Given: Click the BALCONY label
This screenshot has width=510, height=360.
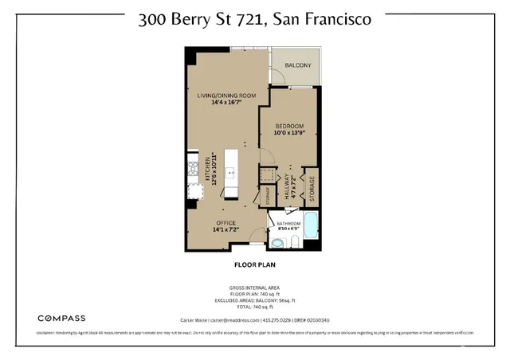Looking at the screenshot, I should (x=295, y=65).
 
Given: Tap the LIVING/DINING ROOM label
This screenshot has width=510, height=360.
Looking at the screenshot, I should (x=226, y=96).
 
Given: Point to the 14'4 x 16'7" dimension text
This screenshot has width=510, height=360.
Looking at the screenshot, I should (x=226, y=103).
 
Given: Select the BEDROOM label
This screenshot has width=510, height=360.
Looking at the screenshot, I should (x=289, y=126).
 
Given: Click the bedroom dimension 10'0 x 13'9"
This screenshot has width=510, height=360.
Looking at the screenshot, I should (x=289, y=133).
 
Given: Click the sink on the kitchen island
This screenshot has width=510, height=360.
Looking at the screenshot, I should (x=232, y=170).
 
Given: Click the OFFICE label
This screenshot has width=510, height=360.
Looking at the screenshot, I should (x=227, y=222).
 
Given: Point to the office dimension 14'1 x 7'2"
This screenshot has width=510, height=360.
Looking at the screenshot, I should (x=227, y=229).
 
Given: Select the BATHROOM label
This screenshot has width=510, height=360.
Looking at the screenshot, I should (x=288, y=224).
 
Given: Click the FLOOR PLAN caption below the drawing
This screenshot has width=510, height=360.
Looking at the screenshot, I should (x=254, y=264).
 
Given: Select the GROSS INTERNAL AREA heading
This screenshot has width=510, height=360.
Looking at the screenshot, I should (x=254, y=287).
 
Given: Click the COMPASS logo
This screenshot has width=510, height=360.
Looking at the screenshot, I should (x=62, y=318).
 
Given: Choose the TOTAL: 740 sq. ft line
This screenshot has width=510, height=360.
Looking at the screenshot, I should (x=254, y=306).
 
